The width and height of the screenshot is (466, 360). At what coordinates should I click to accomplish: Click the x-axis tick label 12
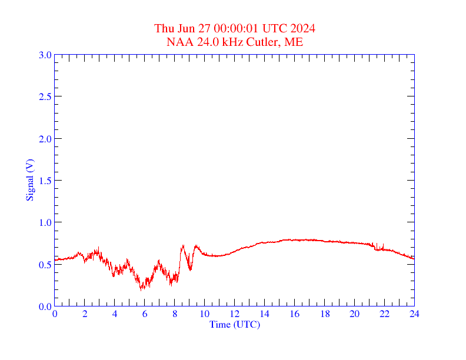coord(235,314)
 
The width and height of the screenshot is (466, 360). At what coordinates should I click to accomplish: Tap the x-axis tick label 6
coord(145,314)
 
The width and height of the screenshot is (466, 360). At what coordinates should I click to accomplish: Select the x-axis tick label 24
coord(414,314)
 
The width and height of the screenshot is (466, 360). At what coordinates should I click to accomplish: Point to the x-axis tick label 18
coord(324,314)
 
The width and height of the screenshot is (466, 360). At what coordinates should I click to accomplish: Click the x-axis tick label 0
coord(55,314)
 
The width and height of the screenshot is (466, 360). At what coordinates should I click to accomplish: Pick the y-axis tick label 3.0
coord(45,55)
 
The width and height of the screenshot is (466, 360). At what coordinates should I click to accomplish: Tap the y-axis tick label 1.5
coord(45,181)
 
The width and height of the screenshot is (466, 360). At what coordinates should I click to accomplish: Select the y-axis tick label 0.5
coord(45,264)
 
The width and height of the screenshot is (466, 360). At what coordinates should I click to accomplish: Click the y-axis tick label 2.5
coord(45,96)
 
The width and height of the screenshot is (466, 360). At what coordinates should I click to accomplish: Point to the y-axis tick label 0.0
coord(45,306)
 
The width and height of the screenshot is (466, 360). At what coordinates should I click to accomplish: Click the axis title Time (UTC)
coord(234,324)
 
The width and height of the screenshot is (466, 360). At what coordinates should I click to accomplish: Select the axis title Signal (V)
coord(29,180)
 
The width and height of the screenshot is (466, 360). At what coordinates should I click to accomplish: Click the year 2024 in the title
coord(302,29)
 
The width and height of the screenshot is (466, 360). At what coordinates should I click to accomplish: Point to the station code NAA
coord(178,42)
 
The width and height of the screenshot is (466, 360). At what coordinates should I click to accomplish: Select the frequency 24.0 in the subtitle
coord(205,42)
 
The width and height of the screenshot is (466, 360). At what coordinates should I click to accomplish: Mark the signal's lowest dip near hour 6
coord(141,289)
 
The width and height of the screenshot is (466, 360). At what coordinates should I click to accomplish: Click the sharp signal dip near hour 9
coord(190,269)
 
